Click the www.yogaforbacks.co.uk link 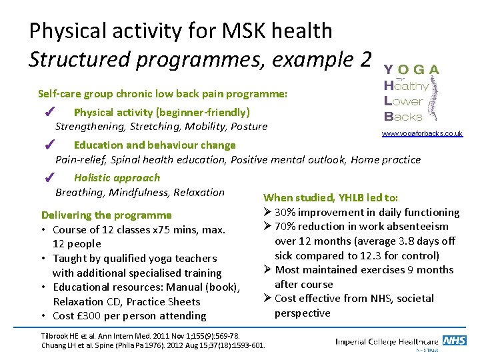point(422,134)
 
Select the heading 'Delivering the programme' point(107,215)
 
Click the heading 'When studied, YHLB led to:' point(331,197)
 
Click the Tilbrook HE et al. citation point(140,335)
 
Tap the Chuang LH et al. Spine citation point(153,345)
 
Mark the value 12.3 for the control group point(363,255)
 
